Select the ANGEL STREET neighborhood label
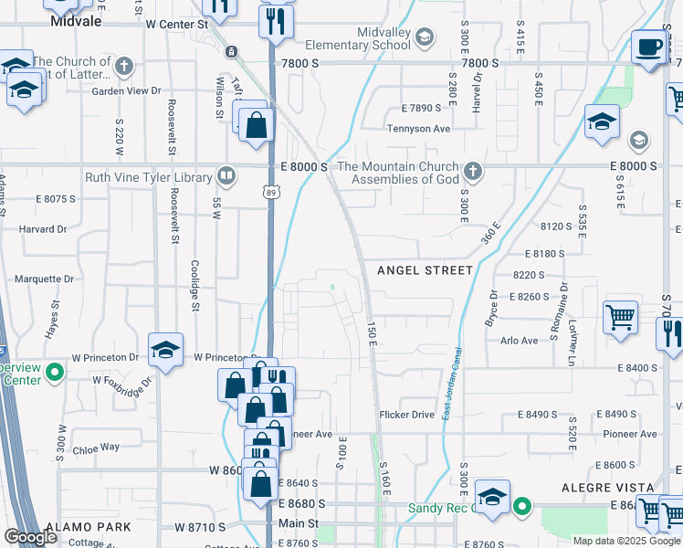426,270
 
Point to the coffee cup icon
649,47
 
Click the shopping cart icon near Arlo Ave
620,319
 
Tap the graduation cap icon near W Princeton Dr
165,350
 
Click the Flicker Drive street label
407,415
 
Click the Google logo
31,537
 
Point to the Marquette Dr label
44,279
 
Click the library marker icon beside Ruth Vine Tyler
226,174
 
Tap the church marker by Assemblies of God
472,171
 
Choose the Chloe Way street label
96,448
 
